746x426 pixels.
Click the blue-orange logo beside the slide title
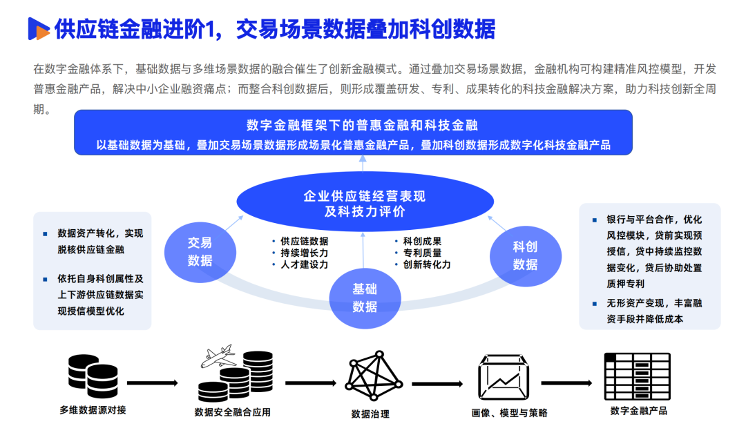(38, 28)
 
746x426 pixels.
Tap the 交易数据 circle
(200, 251)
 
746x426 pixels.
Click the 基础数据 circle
(365, 298)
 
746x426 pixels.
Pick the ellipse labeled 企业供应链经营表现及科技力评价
(365, 203)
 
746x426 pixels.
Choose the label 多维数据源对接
(93, 410)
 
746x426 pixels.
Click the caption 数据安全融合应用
(233, 412)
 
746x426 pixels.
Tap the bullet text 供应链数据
(304, 241)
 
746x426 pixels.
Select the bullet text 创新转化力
(427, 264)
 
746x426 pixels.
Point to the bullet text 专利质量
(422, 253)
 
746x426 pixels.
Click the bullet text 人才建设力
(304, 264)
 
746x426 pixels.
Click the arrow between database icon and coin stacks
(152, 383)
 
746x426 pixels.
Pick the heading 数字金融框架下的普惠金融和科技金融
(363, 125)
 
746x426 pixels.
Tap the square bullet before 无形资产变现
(595, 303)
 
